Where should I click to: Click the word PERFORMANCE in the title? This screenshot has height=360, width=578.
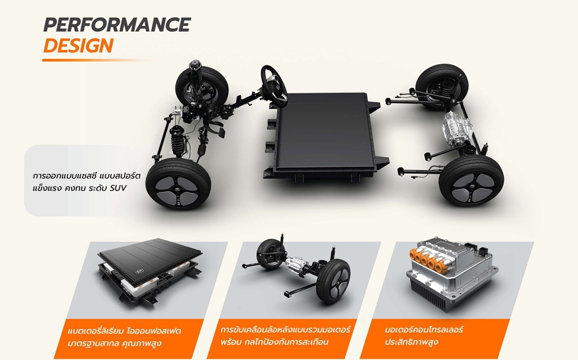tap(117, 25)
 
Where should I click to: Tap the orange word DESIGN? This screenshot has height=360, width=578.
tap(78, 46)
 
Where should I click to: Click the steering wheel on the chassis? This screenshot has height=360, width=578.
tap(274, 86)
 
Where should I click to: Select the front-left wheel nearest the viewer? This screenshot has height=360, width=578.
tap(178, 184)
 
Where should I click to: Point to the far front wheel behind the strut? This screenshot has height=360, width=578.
tap(201, 87)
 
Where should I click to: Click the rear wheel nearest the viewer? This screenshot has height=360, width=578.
tap(471, 180)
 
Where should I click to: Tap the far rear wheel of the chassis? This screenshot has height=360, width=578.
tap(441, 86)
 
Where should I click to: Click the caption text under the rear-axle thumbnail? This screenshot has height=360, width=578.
tap(285, 335)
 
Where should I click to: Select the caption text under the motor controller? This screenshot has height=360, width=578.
tap(424, 335)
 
